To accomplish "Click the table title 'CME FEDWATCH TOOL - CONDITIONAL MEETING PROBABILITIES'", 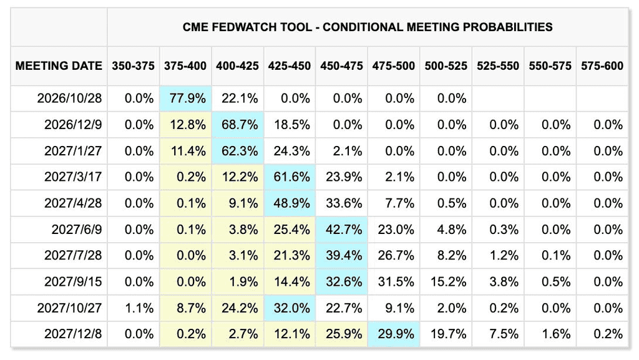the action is click(367, 27).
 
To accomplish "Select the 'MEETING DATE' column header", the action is click(59, 66).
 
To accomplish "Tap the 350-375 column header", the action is click(134, 66).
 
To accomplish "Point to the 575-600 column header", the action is click(602, 66).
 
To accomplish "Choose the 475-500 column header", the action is click(393, 66).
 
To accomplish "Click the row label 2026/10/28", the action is click(69, 99).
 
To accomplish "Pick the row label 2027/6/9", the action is click(77, 230).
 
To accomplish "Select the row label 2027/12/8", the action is click(73, 334).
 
